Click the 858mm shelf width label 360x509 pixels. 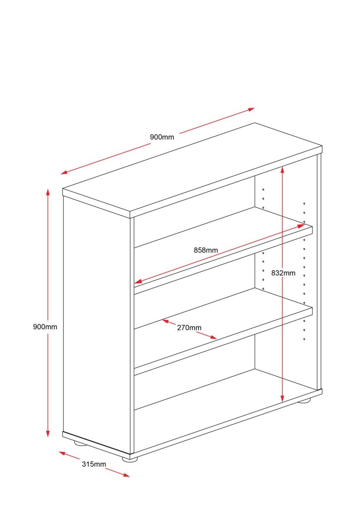tap(206, 250)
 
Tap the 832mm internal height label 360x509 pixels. tap(283, 273)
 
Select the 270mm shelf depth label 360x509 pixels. tap(189, 327)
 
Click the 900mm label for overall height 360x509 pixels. tap(45, 327)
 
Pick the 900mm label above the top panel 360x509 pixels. tap(162, 137)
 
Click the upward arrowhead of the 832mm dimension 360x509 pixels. tap(282, 170)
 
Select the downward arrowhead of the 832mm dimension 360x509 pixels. tap(282, 398)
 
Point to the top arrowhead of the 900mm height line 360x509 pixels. tap(47, 192)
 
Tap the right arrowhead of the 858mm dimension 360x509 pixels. tap(301, 226)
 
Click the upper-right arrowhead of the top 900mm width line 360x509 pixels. tap(251, 109)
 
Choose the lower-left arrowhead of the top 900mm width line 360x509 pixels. tap(64, 173)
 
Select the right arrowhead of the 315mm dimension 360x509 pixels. tap(126, 475)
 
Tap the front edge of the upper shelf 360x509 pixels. tap(223, 260)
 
